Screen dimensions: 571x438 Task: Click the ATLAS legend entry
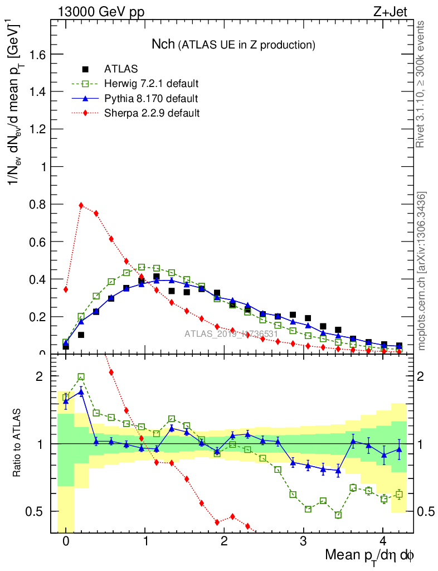(x=121, y=70)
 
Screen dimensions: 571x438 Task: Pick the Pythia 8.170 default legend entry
(x=151, y=99)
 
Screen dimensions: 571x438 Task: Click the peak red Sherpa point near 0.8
(x=81, y=205)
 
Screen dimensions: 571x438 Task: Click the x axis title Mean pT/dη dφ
(x=369, y=556)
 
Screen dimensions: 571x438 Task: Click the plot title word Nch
(x=163, y=43)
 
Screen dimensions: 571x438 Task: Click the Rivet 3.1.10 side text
(x=421, y=84)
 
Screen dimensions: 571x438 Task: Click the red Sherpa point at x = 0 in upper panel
(x=66, y=289)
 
